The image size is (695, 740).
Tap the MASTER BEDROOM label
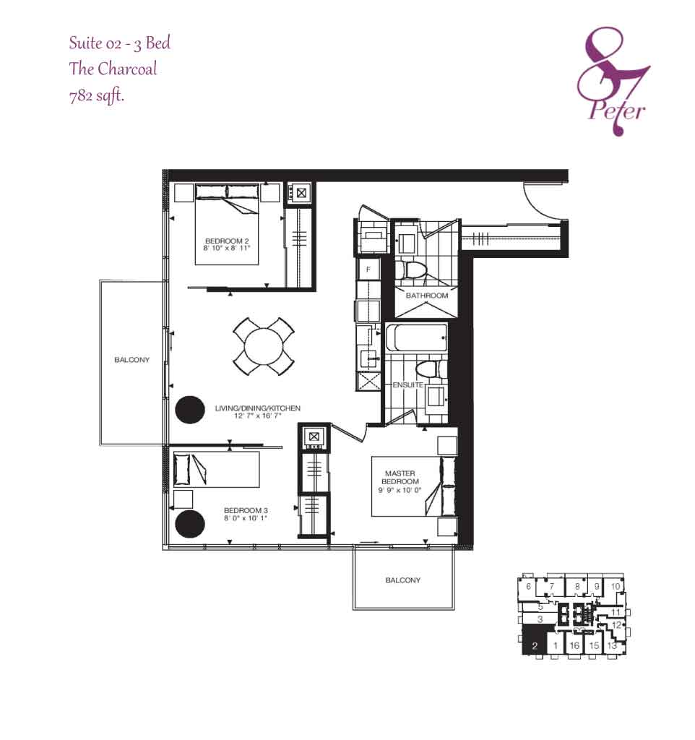coord(400,477)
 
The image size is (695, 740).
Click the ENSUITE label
coord(407,384)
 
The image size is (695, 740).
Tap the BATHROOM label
coord(427,296)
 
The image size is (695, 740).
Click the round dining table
coord(263,346)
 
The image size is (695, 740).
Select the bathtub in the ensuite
coord(416,337)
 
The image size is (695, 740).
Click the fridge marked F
coord(368,269)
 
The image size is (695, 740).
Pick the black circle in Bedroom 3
coord(190,523)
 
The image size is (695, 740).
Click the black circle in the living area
coord(190,410)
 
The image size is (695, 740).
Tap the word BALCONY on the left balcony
coord(131,360)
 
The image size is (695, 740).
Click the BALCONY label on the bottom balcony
coord(403,580)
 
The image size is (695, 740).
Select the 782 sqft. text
coord(97,96)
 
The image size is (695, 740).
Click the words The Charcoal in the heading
coord(113,69)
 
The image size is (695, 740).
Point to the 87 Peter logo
coord(613,81)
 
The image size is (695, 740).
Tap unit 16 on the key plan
coord(574,645)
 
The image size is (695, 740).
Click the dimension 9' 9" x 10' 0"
coord(400,490)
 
